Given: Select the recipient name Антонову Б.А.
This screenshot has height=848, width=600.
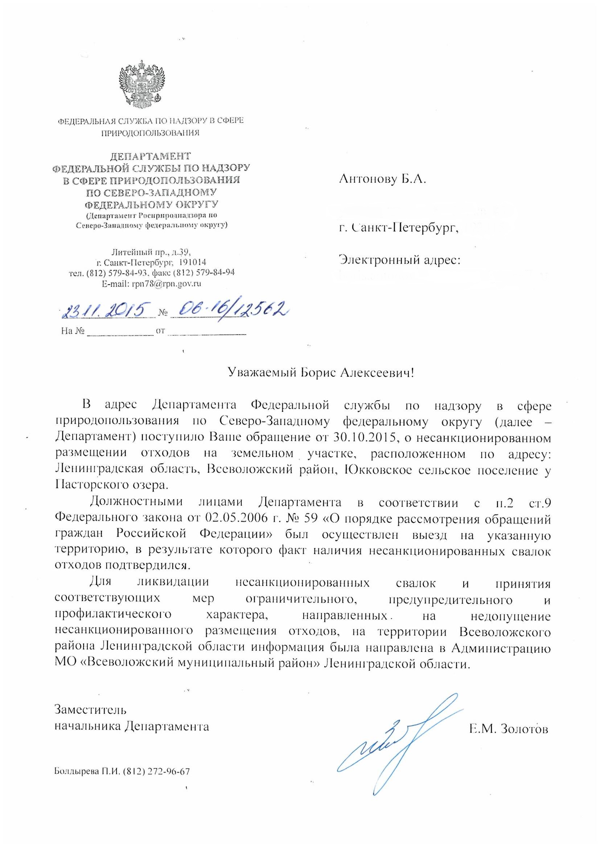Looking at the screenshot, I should point(382,180).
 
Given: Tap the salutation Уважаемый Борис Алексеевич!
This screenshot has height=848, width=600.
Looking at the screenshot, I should point(320,373).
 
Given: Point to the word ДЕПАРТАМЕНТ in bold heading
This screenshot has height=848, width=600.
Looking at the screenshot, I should point(151,156).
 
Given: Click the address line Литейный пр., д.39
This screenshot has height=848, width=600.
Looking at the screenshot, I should point(151,253).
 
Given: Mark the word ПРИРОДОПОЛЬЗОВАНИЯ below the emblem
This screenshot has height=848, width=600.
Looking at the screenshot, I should point(151,133).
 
